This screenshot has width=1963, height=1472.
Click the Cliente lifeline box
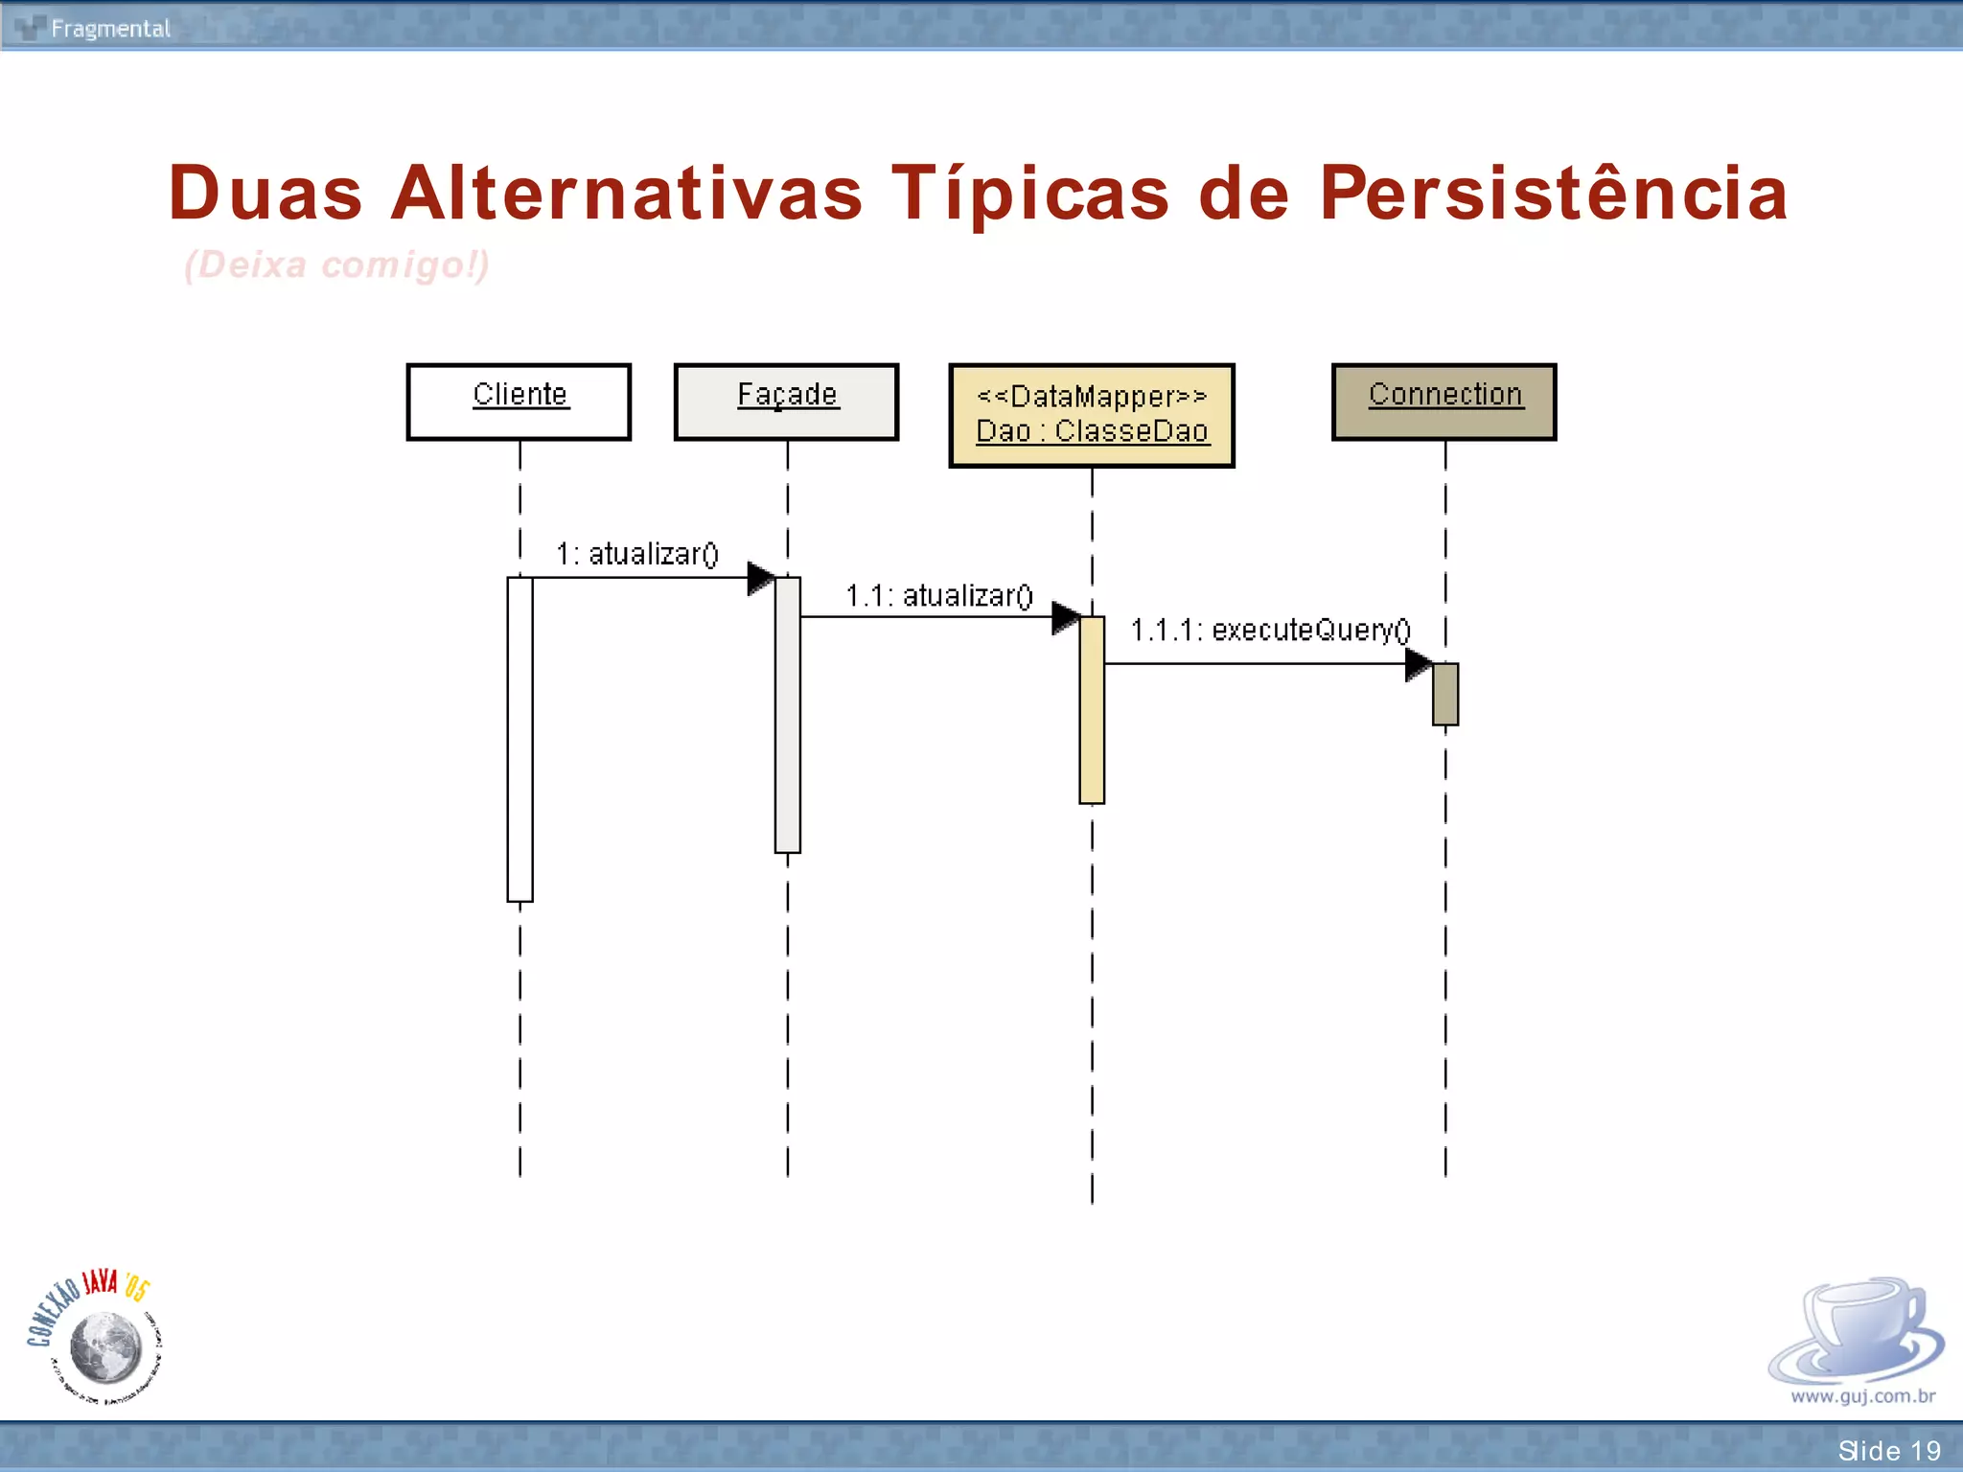(x=519, y=402)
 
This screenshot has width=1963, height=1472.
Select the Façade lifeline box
(x=786, y=402)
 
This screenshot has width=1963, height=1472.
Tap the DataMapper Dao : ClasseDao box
(x=1092, y=415)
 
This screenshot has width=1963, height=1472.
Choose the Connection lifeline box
(x=1444, y=402)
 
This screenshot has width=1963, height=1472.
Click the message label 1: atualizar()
(x=637, y=554)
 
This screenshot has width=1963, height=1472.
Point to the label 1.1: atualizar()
(x=939, y=596)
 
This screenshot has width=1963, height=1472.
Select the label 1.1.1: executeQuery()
(x=1271, y=631)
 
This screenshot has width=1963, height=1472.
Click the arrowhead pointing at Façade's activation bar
(x=761, y=578)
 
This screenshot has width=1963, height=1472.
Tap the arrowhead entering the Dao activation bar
(x=1065, y=617)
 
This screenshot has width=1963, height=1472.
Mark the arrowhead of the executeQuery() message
(x=1419, y=664)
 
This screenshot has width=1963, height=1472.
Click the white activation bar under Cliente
(x=520, y=738)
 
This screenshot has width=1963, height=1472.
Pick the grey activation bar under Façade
(x=788, y=714)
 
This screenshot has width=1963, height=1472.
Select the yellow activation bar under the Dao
(x=1092, y=709)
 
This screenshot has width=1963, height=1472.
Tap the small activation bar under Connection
(x=1445, y=694)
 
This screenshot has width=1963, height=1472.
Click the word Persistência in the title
(x=1554, y=194)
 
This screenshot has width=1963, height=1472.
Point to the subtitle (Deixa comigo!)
(x=336, y=264)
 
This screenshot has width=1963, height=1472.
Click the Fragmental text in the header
(x=110, y=29)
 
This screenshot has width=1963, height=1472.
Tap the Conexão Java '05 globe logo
(x=96, y=1338)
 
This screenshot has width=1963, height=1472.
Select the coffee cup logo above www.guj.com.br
(x=1858, y=1332)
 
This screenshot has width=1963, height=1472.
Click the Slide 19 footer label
(x=1888, y=1450)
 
